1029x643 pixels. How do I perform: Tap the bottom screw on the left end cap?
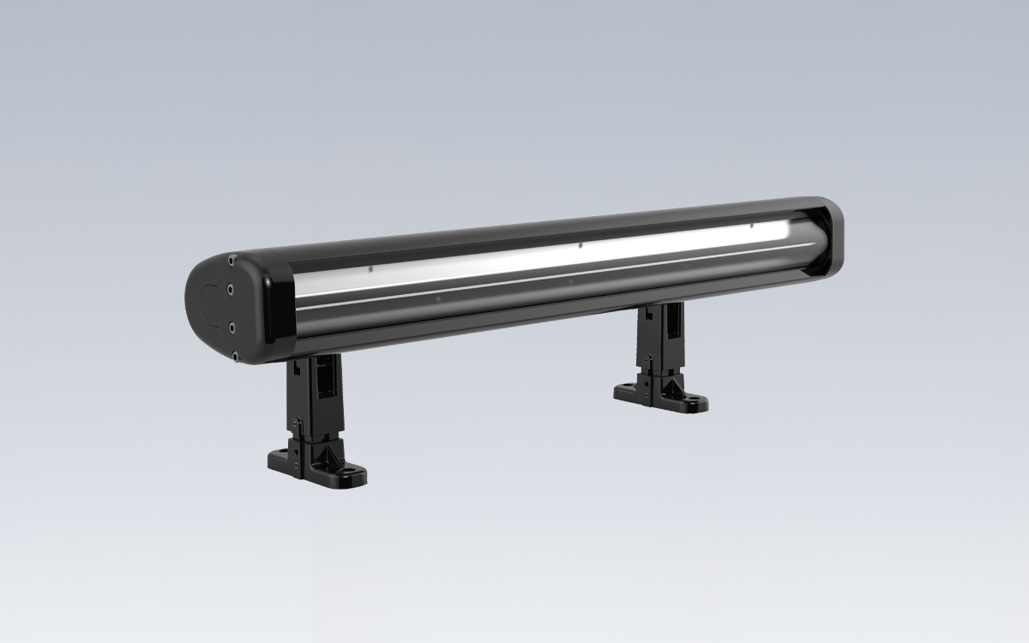point(232,353)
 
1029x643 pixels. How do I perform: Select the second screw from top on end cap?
point(230,291)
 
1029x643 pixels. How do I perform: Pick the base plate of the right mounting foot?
point(660,395)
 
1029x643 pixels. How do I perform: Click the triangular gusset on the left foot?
point(326,454)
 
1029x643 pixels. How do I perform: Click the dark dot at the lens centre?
point(581,245)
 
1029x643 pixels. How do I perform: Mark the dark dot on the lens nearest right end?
point(751,225)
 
